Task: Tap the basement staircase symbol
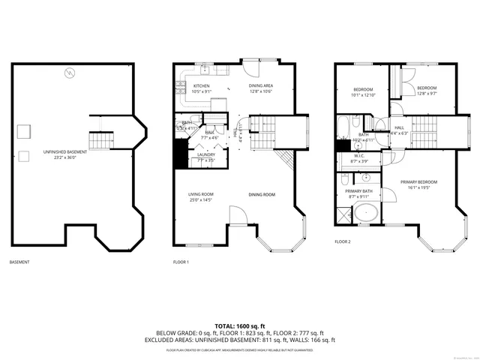pos(100,139)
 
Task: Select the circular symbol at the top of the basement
pos(70,73)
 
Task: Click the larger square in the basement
pos(24,131)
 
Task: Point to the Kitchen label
pos(201,86)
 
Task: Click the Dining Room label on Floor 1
pos(262,195)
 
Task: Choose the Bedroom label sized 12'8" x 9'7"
pos(426,88)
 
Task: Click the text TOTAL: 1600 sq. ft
pos(239,326)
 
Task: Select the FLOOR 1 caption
pos(181,262)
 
